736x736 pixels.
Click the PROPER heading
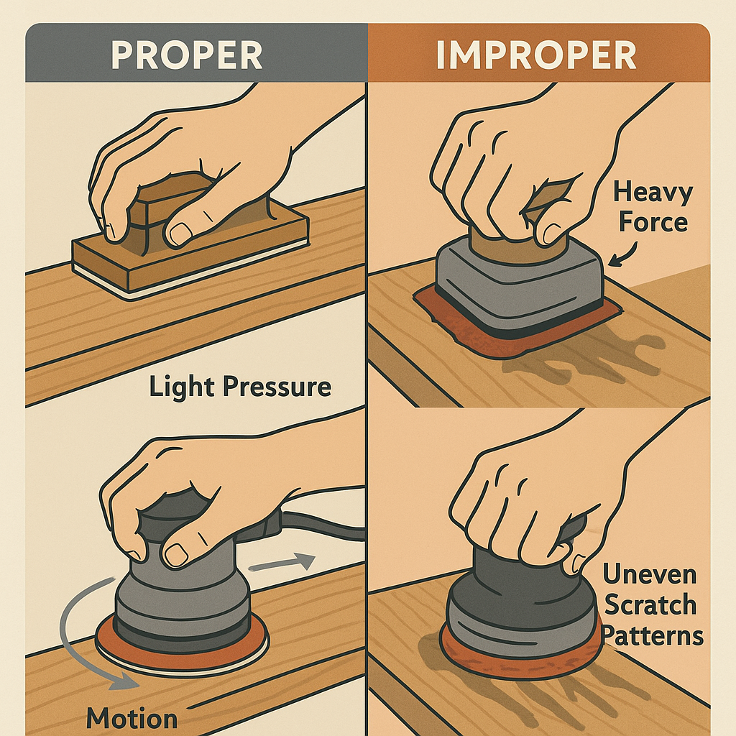[x=186, y=55]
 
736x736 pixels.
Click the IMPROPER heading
[x=536, y=55]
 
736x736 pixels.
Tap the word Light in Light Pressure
[x=182, y=387]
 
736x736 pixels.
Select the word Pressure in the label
[x=277, y=387]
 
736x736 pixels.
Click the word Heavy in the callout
[x=653, y=193]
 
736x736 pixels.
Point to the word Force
[x=653, y=221]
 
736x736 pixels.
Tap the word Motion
[x=132, y=719]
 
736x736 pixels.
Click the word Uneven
[x=649, y=574]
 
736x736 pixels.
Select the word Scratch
[x=650, y=604]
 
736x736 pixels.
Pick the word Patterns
[x=653, y=637]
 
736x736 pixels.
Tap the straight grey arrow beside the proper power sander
[x=282, y=563]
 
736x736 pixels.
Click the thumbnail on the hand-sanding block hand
[x=181, y=232]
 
